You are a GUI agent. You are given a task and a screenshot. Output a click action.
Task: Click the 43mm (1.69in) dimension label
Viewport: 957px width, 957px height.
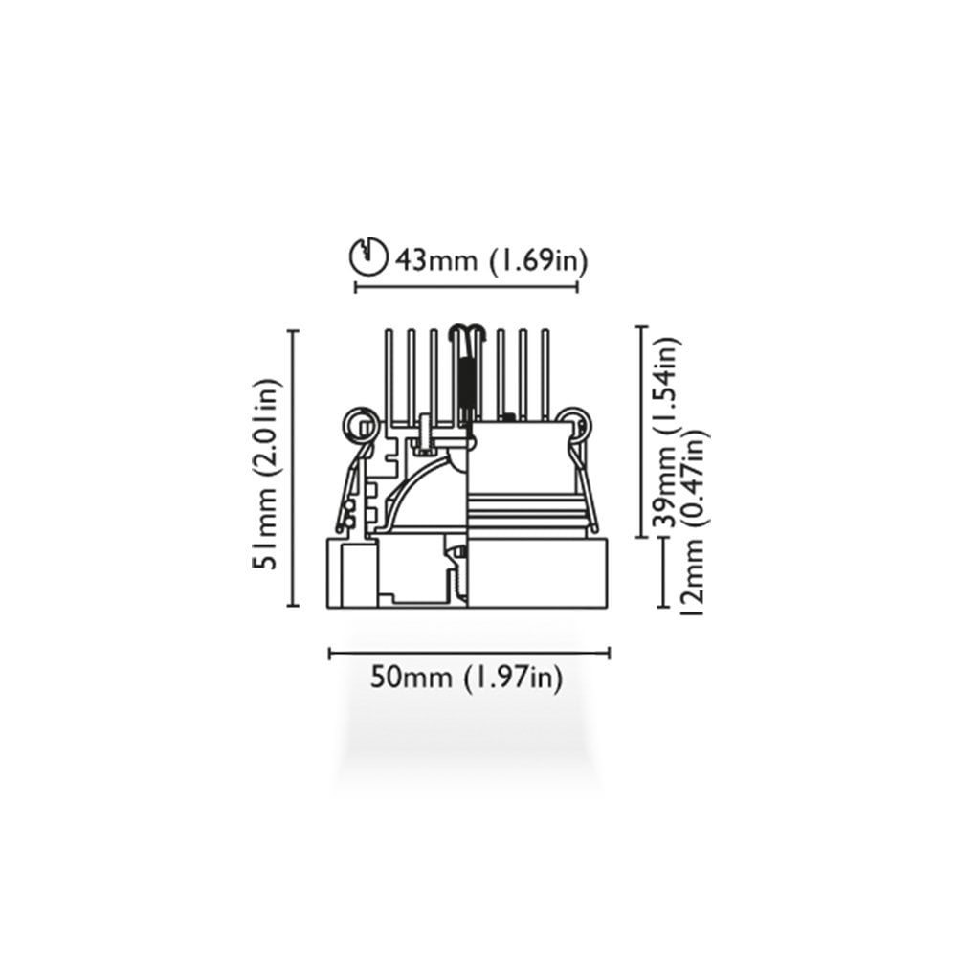491,261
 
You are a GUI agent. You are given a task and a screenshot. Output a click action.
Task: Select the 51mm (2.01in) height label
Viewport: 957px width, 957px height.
267,474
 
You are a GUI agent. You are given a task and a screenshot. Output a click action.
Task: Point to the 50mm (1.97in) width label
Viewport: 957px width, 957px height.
466,679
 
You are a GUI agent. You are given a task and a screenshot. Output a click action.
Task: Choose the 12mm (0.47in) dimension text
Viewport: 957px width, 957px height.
695,522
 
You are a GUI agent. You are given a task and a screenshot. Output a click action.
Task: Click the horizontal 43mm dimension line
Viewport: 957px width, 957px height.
466,287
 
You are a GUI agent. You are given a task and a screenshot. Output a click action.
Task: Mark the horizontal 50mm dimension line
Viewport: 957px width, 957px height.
469,654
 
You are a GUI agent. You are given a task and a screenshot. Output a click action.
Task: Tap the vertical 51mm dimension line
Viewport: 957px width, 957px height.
293,468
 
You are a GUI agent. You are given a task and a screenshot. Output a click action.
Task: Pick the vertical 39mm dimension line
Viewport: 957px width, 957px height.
641,433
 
